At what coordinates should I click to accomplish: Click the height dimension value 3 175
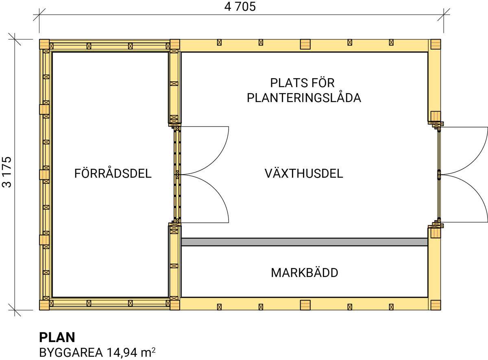coord(7,172)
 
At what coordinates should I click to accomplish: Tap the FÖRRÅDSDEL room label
coord(113,174)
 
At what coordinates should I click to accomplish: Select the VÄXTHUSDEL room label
coord(304,174)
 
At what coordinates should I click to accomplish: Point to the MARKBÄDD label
coord(304,273)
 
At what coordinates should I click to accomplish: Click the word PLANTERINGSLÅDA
coord(304,98)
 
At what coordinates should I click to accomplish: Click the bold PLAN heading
coord(57,337)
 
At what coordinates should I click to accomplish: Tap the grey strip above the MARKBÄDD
coord(304,242)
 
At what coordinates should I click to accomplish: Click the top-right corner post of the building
coord(436,44)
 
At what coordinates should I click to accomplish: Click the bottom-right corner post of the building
coord(436,305)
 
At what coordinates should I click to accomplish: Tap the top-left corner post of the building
coord(44,45)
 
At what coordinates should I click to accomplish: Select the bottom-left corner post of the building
coord(44,305)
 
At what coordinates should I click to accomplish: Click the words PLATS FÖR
coord(302,83)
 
